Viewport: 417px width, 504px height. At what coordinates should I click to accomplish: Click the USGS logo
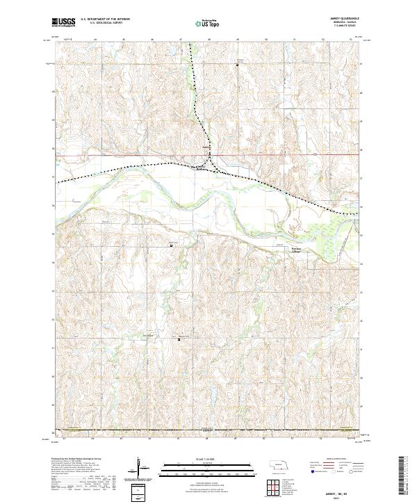coord(64,22)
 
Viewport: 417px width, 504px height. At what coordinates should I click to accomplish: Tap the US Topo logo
coord(208,22)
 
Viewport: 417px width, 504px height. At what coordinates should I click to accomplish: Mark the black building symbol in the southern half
coord(179,339)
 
